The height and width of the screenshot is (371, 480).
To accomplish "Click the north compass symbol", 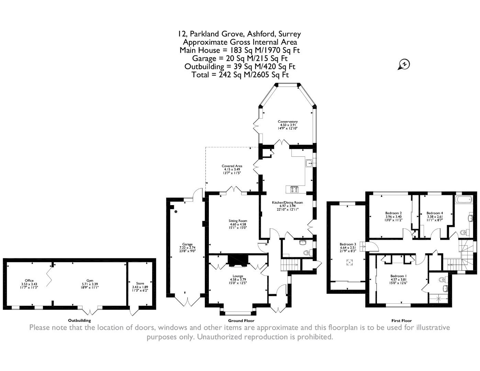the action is tap(404, 65).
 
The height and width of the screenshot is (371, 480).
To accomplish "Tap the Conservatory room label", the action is tap(288, 122).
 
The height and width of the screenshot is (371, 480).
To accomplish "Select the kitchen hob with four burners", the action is tap(295, 190).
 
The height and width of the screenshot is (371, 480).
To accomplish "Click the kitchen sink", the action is tap(309, 163).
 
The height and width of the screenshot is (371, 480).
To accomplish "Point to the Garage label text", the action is tap(187, 244).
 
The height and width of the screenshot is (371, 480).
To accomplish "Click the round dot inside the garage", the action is tap(176, 212).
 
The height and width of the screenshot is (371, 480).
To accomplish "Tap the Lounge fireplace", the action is tap(238, 261).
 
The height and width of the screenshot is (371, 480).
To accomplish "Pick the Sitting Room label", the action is tap(238, 221).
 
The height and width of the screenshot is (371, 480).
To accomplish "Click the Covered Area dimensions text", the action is tap(232, 171).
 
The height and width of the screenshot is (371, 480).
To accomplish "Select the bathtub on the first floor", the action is tap(464, 200).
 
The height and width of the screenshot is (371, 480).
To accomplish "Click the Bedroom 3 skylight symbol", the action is tap(349, 262).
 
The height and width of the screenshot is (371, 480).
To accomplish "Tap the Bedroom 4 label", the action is tap(435, 213).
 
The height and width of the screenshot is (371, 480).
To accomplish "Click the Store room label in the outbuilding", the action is tap(140, 283).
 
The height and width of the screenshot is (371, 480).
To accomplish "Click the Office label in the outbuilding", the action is tap(29, 281).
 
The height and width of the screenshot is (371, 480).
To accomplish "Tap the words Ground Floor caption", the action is tap(241, 321).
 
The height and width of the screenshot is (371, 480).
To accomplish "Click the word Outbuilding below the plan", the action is tap(79, 321).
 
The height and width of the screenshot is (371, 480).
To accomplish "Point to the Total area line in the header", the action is tap(240, 75).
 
